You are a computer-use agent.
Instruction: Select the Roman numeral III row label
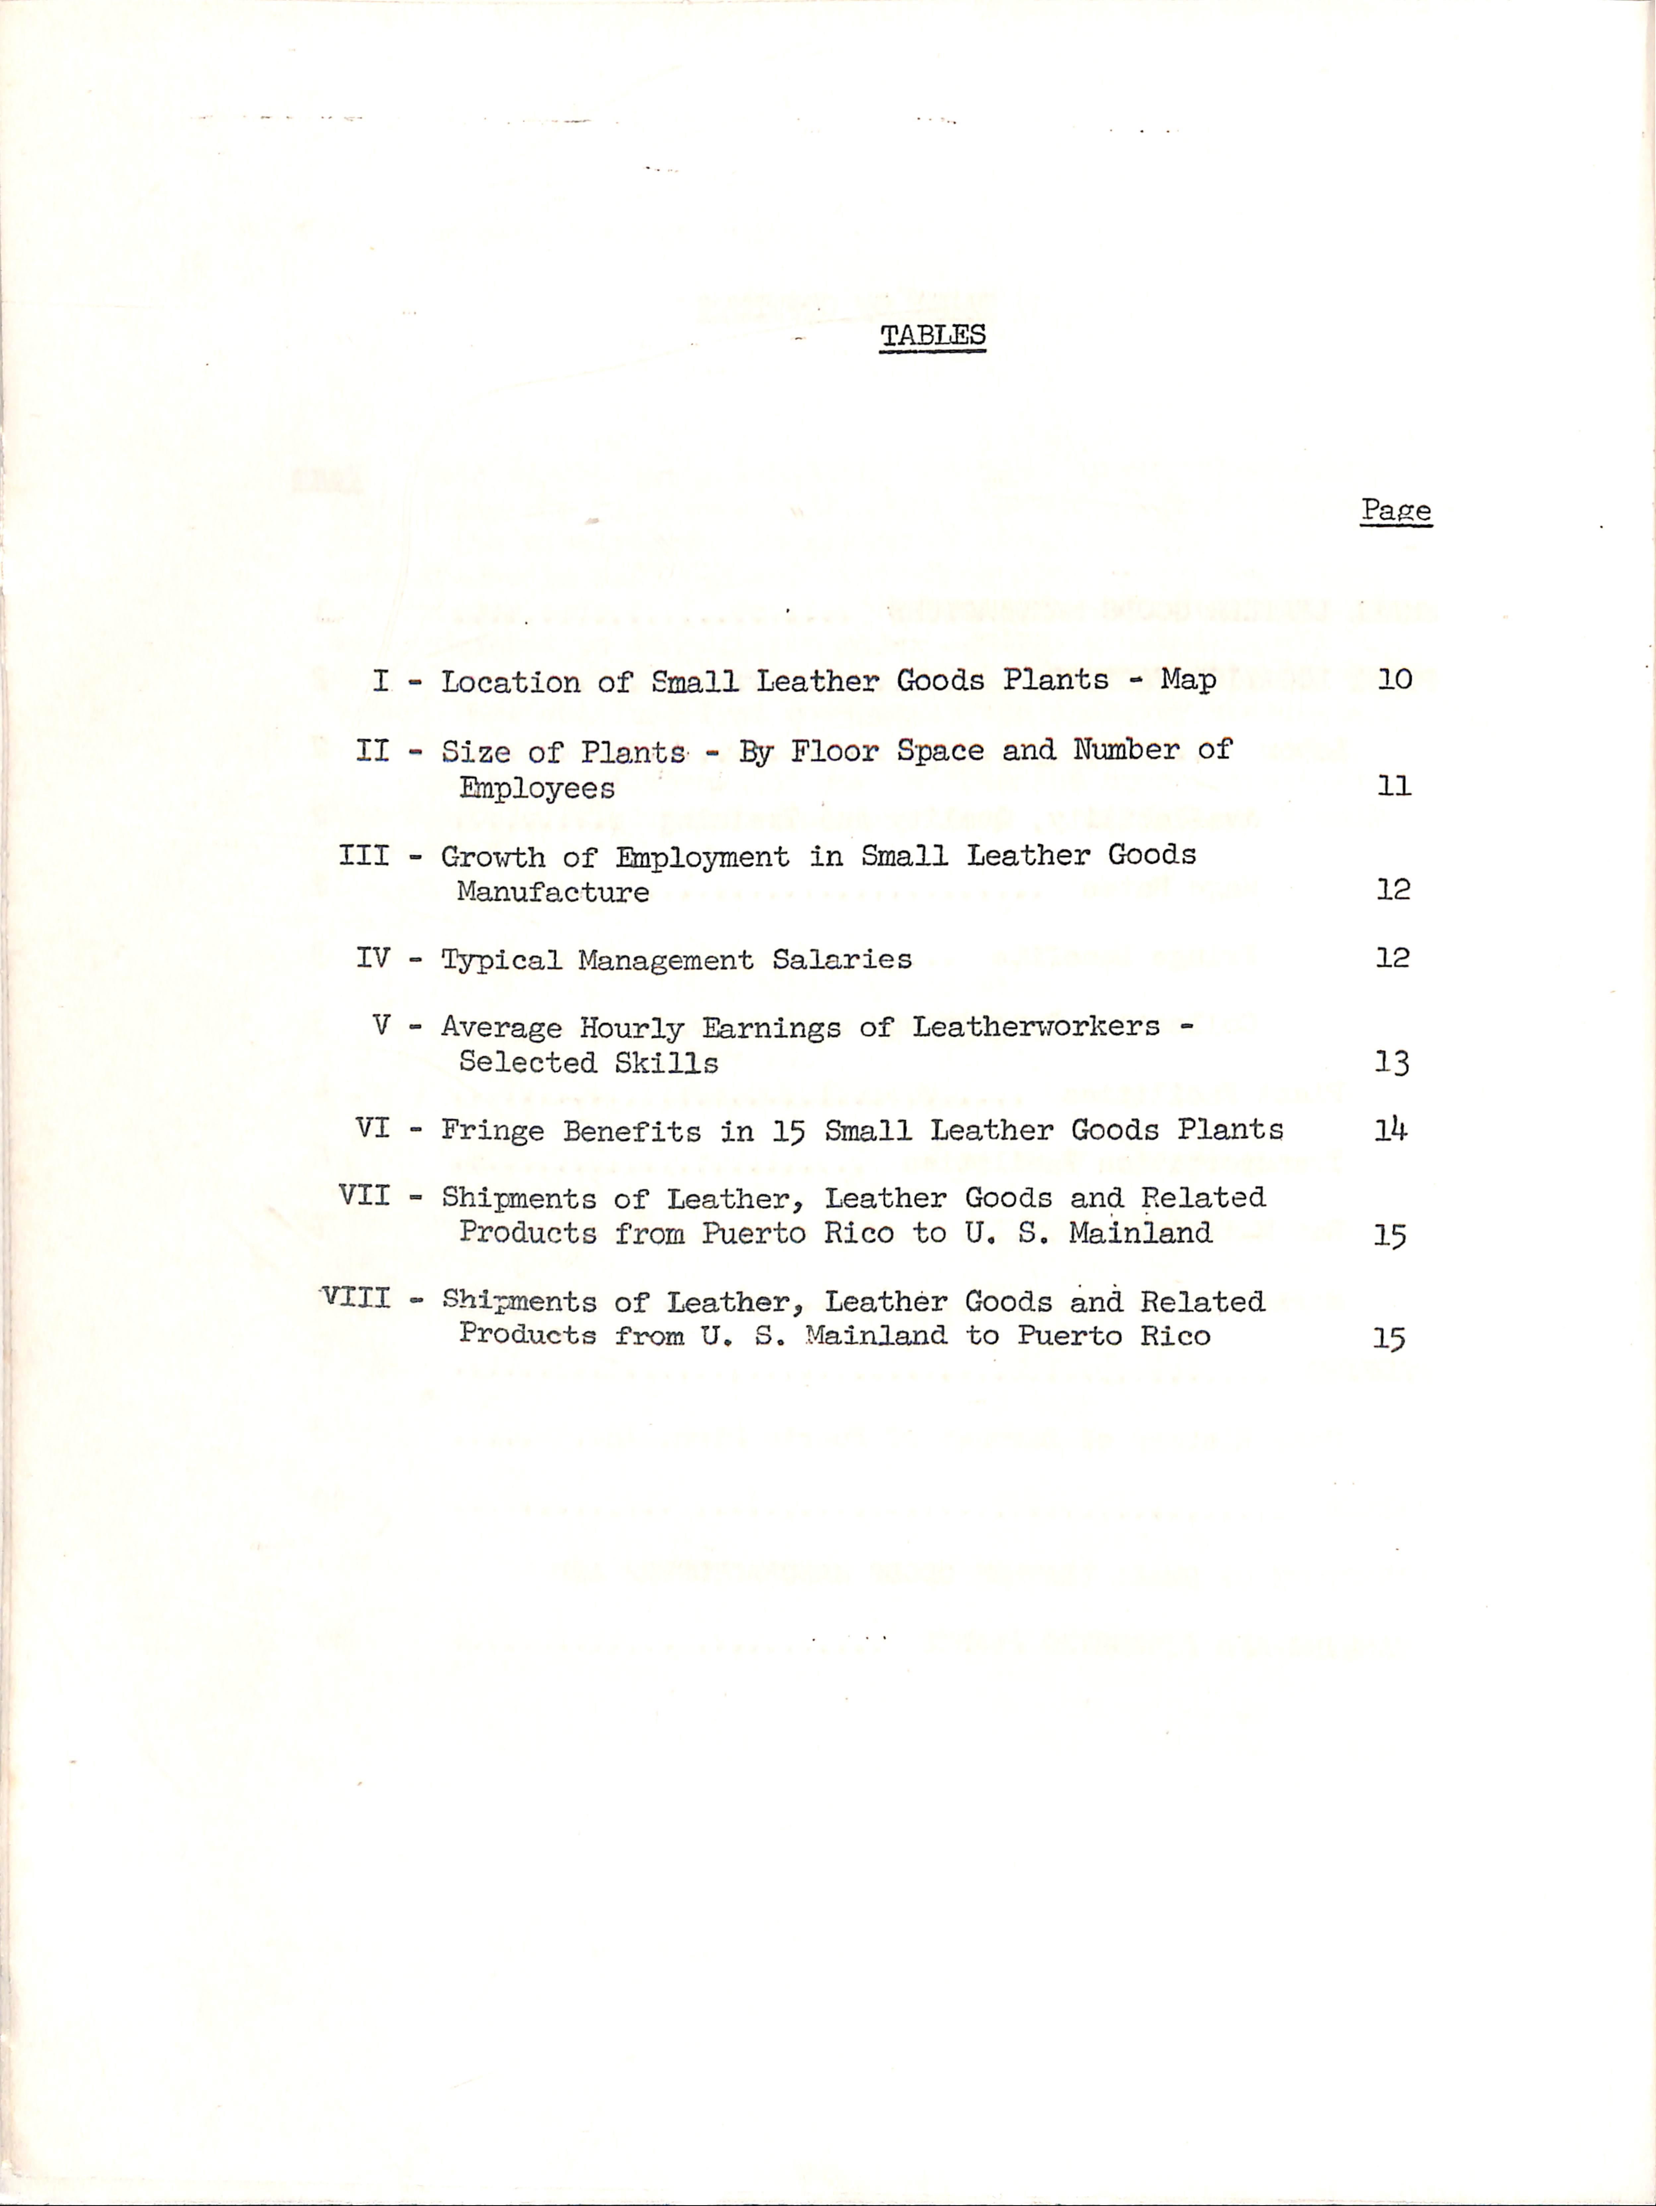pos(364,856)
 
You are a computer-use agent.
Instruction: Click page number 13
pos(1392,1063)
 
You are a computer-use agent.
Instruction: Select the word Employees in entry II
pos(537,789)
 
